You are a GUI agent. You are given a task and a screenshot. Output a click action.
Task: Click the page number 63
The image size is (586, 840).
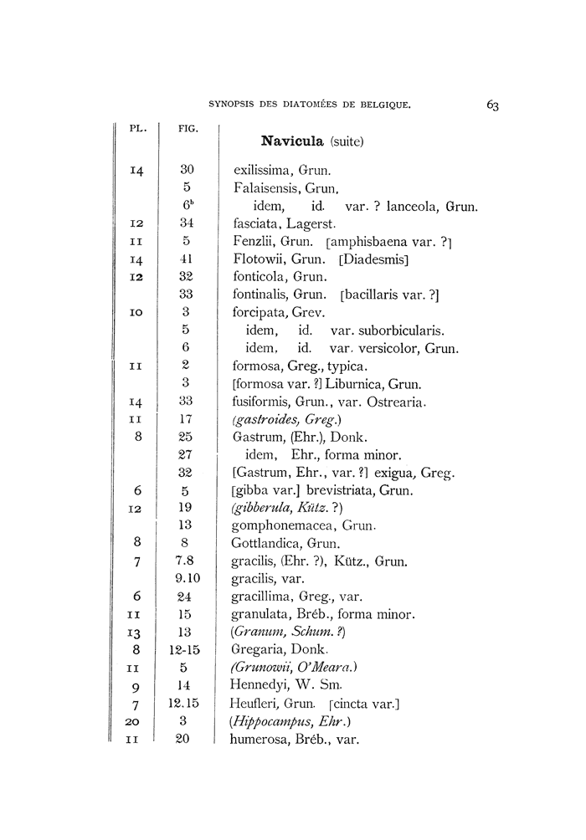pyautogui.click(x=491, y=105)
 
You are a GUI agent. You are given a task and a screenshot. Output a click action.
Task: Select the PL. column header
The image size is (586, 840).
pyautogui.click(x=138, y=129)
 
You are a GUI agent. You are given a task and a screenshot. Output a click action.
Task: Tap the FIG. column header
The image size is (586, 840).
pyautogui.click(x=188, y=129)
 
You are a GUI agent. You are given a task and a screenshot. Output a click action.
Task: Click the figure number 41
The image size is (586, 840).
pyautogui.click(x=187, y=259)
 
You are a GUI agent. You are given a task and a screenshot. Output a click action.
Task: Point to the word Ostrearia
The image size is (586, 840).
pyautogui.click(x=396, y=402)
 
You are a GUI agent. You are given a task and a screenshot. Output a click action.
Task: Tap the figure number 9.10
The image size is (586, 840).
pyautogui.click(x=188, y=578)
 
